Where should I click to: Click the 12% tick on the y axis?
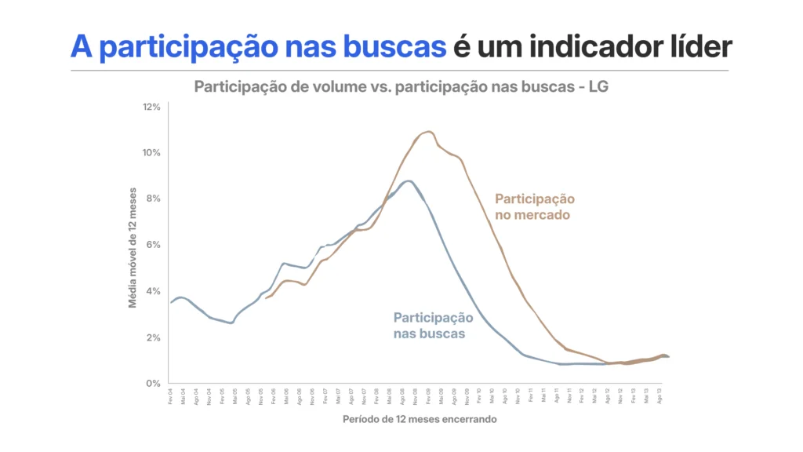tap(151, 106)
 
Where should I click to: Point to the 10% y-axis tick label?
tap(151, 152)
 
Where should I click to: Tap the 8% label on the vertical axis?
tap(154, 199)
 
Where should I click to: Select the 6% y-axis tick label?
tap(154, 245)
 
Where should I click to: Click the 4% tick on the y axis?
tap(154, 291)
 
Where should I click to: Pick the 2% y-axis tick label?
tap(154, 337)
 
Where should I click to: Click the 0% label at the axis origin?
tap(154, 383)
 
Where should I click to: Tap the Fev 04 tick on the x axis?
tap(170, 395)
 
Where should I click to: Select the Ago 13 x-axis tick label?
tap(660, 395)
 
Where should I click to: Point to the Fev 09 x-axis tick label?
tap(429, 395)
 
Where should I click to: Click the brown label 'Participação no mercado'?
tap(534, 206)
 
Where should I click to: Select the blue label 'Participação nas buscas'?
tap(433, 326)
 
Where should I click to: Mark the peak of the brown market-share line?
tap(428, 132)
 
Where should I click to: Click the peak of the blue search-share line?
tap(406, 181)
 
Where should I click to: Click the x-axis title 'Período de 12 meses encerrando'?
tap(420, 419)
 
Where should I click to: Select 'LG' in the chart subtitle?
tap(599, 87)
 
